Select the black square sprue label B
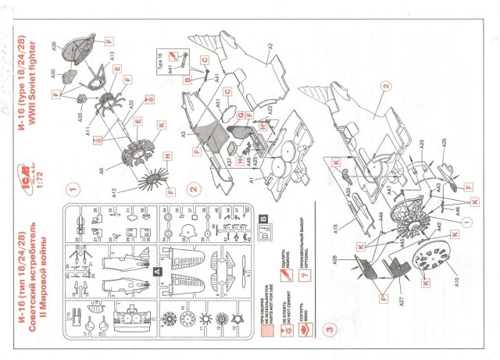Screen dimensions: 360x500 262,218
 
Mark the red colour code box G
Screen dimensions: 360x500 241,116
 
